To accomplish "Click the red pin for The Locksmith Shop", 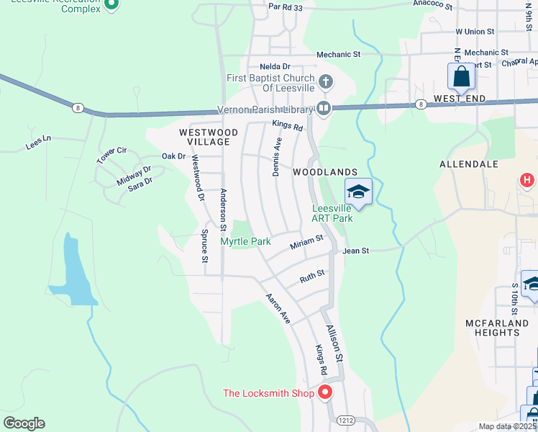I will [x=324, y=393].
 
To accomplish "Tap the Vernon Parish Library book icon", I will [x=324, y=109].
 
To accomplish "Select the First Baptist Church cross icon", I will [x=325, y=81].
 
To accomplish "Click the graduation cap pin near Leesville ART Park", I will [x=358, y=192].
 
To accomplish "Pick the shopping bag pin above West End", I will [x=460, y=76].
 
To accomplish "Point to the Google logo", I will [x=24, y=423].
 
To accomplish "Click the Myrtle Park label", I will [x=245, y=241].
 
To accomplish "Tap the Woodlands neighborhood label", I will [x=325, y=172].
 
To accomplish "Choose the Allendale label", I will [x=469, y=164].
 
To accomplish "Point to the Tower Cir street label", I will [x=111, y=155].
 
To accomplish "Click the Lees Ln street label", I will [x=39, y=142].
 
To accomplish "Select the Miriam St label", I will [x=307, y=242].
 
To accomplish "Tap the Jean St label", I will [x=355, y=251].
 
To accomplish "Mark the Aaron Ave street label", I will [x=277, y=308].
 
